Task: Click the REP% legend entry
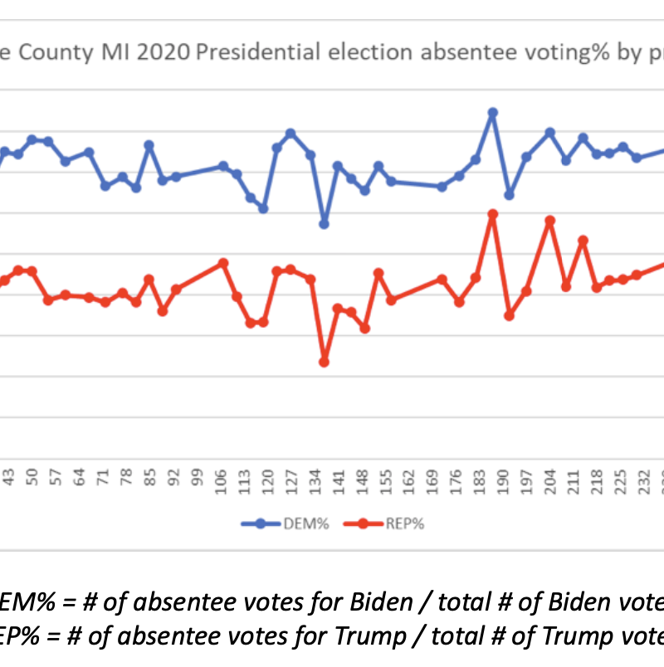tap(389, 523)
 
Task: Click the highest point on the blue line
tap(492, 112)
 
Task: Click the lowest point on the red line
tap(324, 362)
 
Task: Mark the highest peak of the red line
tap(492, 214)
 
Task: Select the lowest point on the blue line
tap(324, 224)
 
